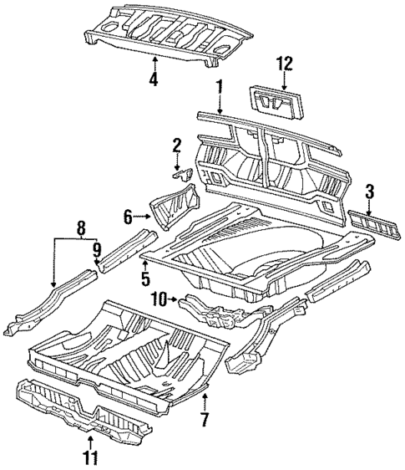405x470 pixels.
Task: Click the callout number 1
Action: [220, 86]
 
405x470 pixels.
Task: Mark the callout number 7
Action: [204, 416]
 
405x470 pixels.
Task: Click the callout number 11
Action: [91, 457]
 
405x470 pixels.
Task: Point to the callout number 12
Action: [286, 63]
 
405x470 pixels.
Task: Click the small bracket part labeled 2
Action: [182, 174]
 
